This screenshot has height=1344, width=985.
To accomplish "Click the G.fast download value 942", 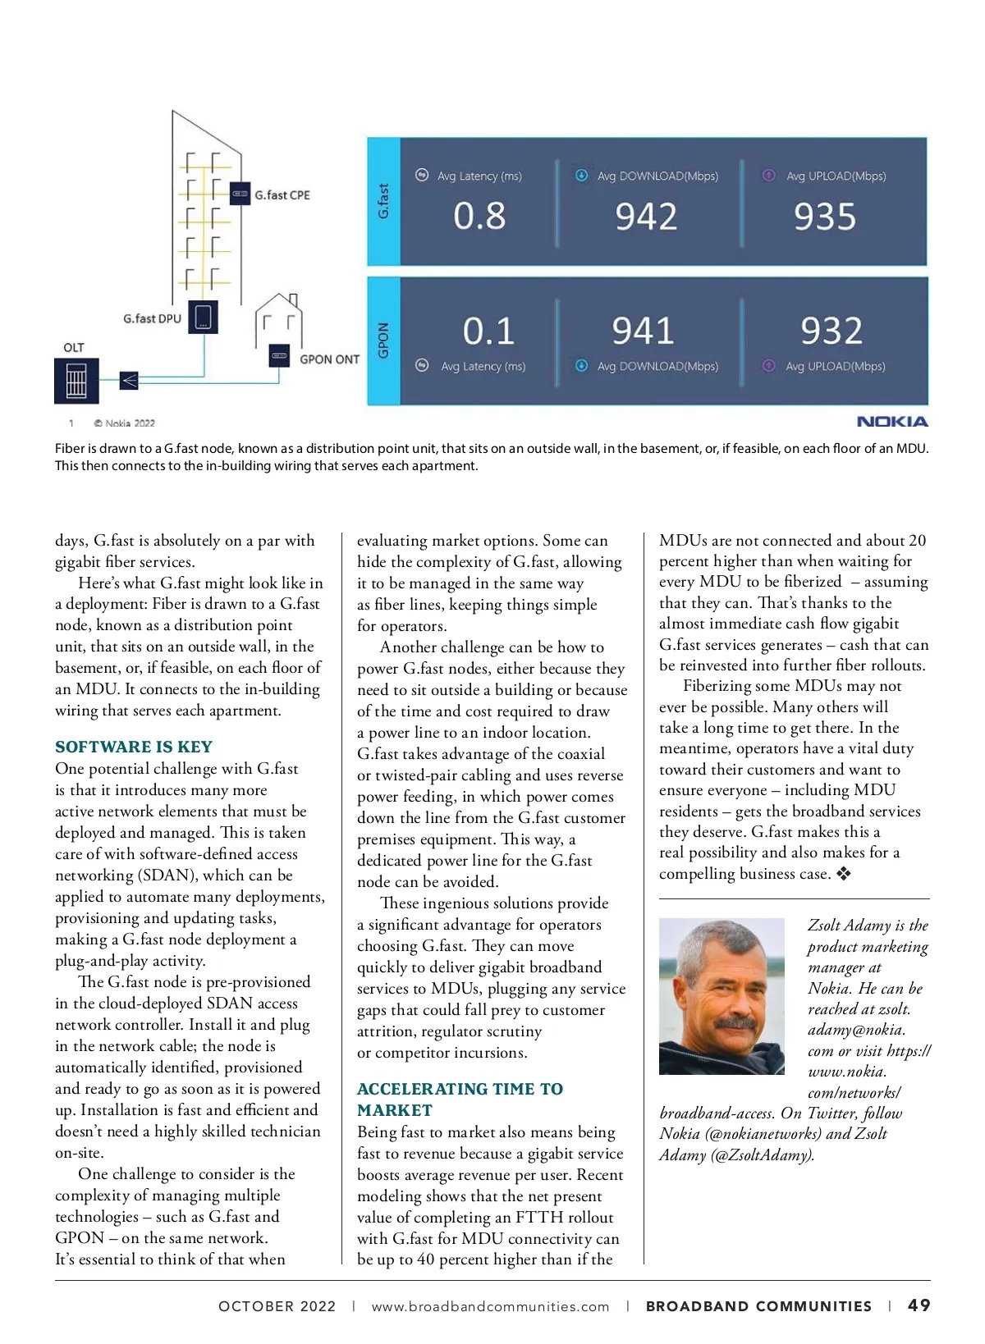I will coord(646,217).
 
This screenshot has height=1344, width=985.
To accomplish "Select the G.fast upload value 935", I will coord(824,217).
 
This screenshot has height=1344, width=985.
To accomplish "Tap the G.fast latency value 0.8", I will coord(479,216).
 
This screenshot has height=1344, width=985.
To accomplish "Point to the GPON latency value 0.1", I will coord(488,331).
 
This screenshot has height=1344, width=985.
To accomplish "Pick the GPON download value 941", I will coord(643,331).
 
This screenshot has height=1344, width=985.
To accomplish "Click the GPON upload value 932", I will coord(831,331).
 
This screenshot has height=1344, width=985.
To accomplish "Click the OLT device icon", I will coord(76,381).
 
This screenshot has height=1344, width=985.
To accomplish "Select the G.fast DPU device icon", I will coord(203,317).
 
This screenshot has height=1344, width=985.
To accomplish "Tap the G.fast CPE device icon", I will coord(240,194).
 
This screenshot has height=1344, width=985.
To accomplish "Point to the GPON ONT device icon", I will coord(280,356).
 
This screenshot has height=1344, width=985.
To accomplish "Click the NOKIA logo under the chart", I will coord(892,422).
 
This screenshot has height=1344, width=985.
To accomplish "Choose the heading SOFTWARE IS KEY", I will coord(134,747).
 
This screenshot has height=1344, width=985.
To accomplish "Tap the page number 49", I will coord(919,1305).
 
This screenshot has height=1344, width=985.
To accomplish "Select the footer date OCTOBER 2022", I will coord(277,1306).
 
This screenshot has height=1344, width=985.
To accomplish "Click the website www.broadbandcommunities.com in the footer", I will coord(490,1306).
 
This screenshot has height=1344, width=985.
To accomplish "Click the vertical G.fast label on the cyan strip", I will coord(383,201).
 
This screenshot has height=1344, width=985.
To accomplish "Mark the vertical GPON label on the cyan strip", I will coord(383,341).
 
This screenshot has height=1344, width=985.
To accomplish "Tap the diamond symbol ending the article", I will coord(843,874).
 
